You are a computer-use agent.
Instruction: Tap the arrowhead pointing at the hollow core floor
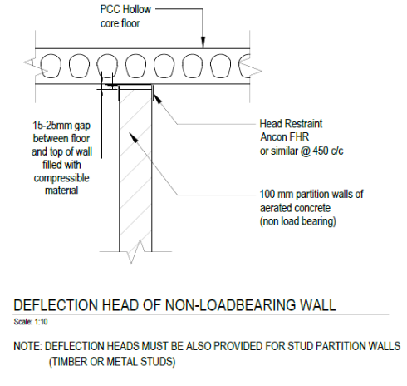[203, 42]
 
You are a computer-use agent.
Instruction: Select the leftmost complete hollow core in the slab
[51, 66]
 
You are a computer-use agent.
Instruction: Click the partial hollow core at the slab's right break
[244, 66]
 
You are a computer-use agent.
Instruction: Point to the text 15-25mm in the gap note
[52, 126]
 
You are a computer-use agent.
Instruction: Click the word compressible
[61, 178]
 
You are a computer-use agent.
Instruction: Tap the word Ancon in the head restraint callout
[273, 137]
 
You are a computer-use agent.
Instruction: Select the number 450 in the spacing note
[321, 151]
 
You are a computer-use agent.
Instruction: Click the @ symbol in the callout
[306, 151]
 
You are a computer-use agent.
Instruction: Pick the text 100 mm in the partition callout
[277, 194]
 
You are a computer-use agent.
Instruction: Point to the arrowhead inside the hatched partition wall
[134, 137]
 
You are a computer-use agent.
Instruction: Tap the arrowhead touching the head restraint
[157, 98]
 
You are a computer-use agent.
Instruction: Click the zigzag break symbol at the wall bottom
[135, 252]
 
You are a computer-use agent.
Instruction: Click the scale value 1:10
[41, 322]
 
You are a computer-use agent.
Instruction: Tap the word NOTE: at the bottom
[27, 346]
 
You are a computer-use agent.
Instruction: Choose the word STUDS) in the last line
[158, 362]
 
